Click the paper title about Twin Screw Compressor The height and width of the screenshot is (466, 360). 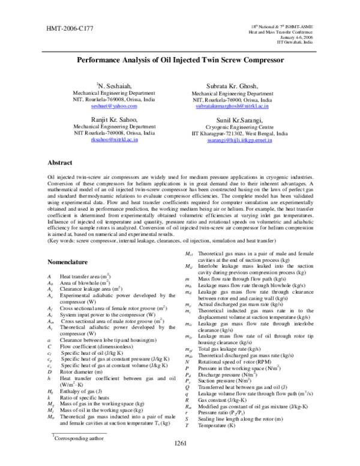point(179,61)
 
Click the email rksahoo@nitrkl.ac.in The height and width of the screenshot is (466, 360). point(106,139)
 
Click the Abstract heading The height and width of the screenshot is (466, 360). point(62,163)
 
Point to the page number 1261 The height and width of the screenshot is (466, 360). point(180,460)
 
